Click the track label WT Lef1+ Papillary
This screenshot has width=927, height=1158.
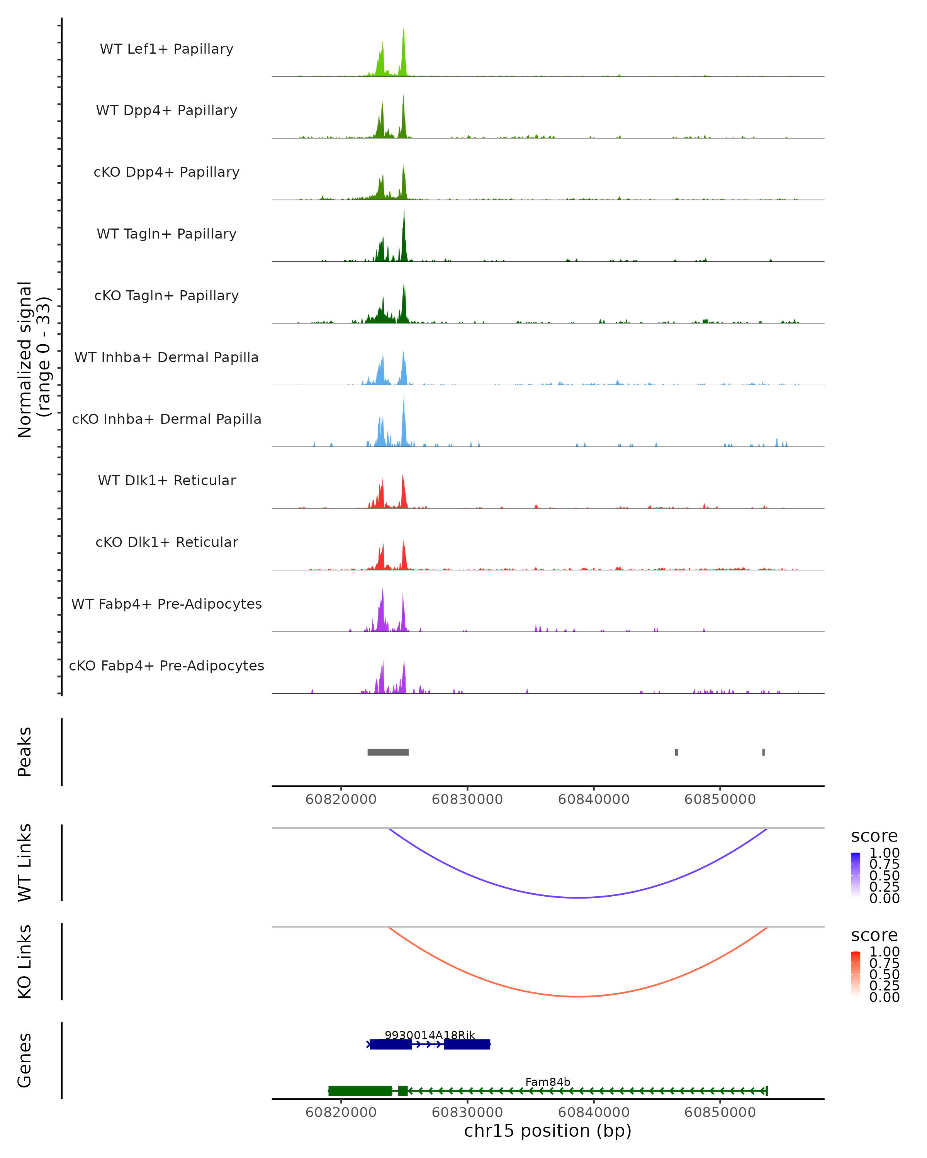(x=166, y=49)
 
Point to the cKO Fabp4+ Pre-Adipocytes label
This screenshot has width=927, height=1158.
(x=166, y=665)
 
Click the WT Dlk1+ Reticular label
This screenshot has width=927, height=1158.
(x=166, y=480)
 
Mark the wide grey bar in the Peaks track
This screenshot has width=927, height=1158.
(x=388, y=752)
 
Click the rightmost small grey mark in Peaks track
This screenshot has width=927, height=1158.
(x=763, y=752)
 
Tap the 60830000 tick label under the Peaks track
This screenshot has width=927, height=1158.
(x=467, y=799)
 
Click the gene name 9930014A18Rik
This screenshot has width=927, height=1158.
(x=430, y=1035)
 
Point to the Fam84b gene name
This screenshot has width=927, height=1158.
(x=548, y=1082)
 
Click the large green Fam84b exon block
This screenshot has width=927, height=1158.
(x=360, y=1091)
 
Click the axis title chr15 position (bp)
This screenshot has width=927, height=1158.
(x=548, y=1131)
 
